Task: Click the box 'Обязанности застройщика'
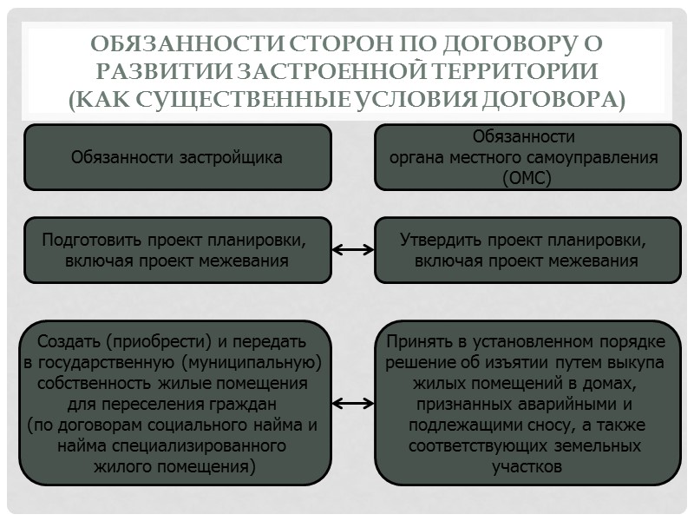tap(177, 157)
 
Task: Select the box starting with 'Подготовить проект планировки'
tap(177, 250)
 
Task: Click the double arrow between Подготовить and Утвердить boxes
tap(353, 250)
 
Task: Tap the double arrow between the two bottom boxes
tap(353, 404)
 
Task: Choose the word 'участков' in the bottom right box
tap(526, 466)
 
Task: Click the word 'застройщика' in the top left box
tap(234, 157)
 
